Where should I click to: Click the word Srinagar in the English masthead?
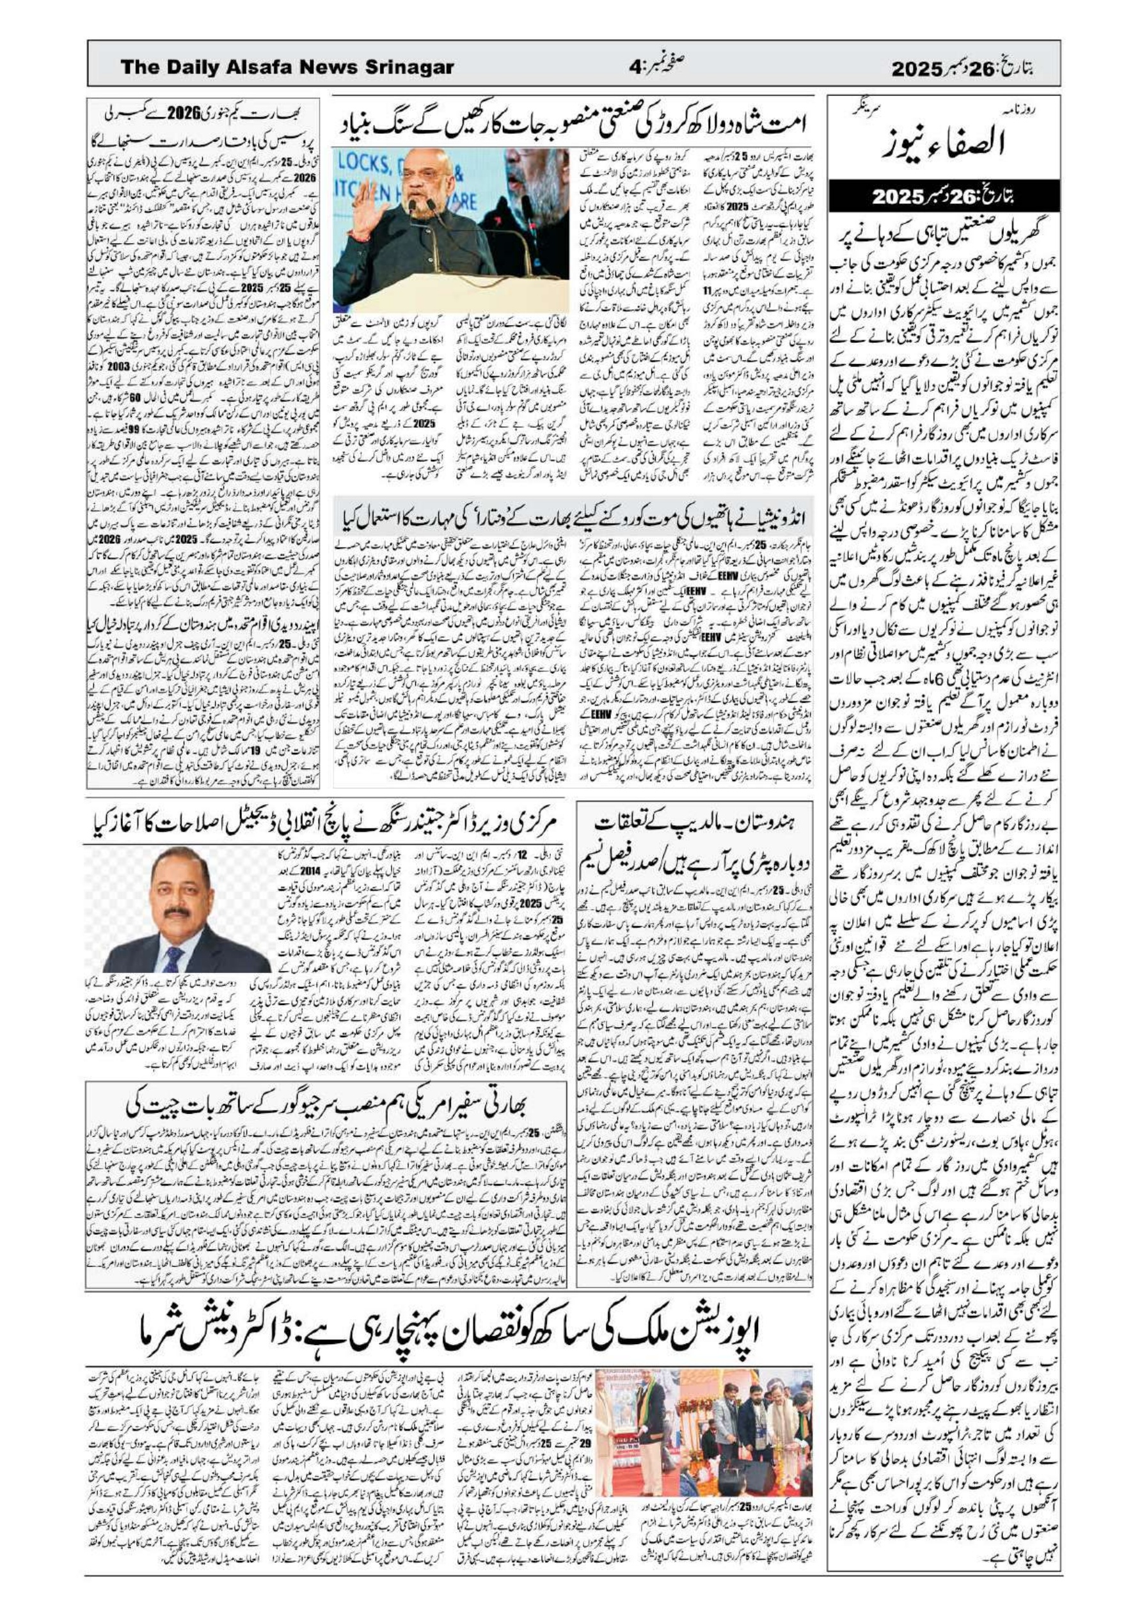click(x=408, y=68)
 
